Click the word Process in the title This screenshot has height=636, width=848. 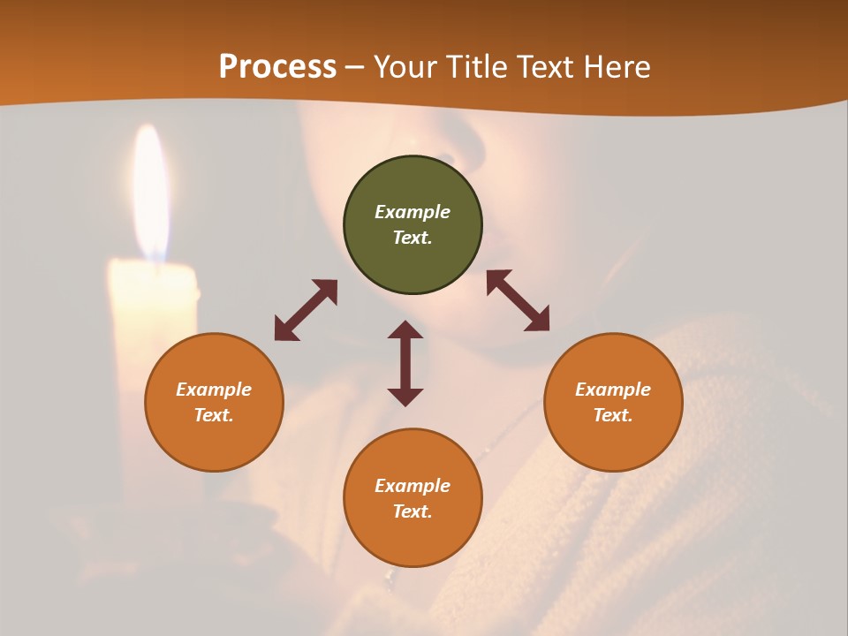(277, 67)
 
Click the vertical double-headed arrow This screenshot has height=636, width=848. (405, 363)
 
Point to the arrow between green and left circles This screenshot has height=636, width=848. (306, 310)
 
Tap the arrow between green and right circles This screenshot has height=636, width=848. (518, 300)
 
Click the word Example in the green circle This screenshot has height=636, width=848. (413, 212)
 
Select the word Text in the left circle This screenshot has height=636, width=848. (214, 415)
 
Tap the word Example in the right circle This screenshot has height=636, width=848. (613, 390)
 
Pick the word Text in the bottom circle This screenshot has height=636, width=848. (413, 511)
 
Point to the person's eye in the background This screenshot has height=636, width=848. (444, 159)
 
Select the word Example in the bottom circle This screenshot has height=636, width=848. (413, 486)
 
